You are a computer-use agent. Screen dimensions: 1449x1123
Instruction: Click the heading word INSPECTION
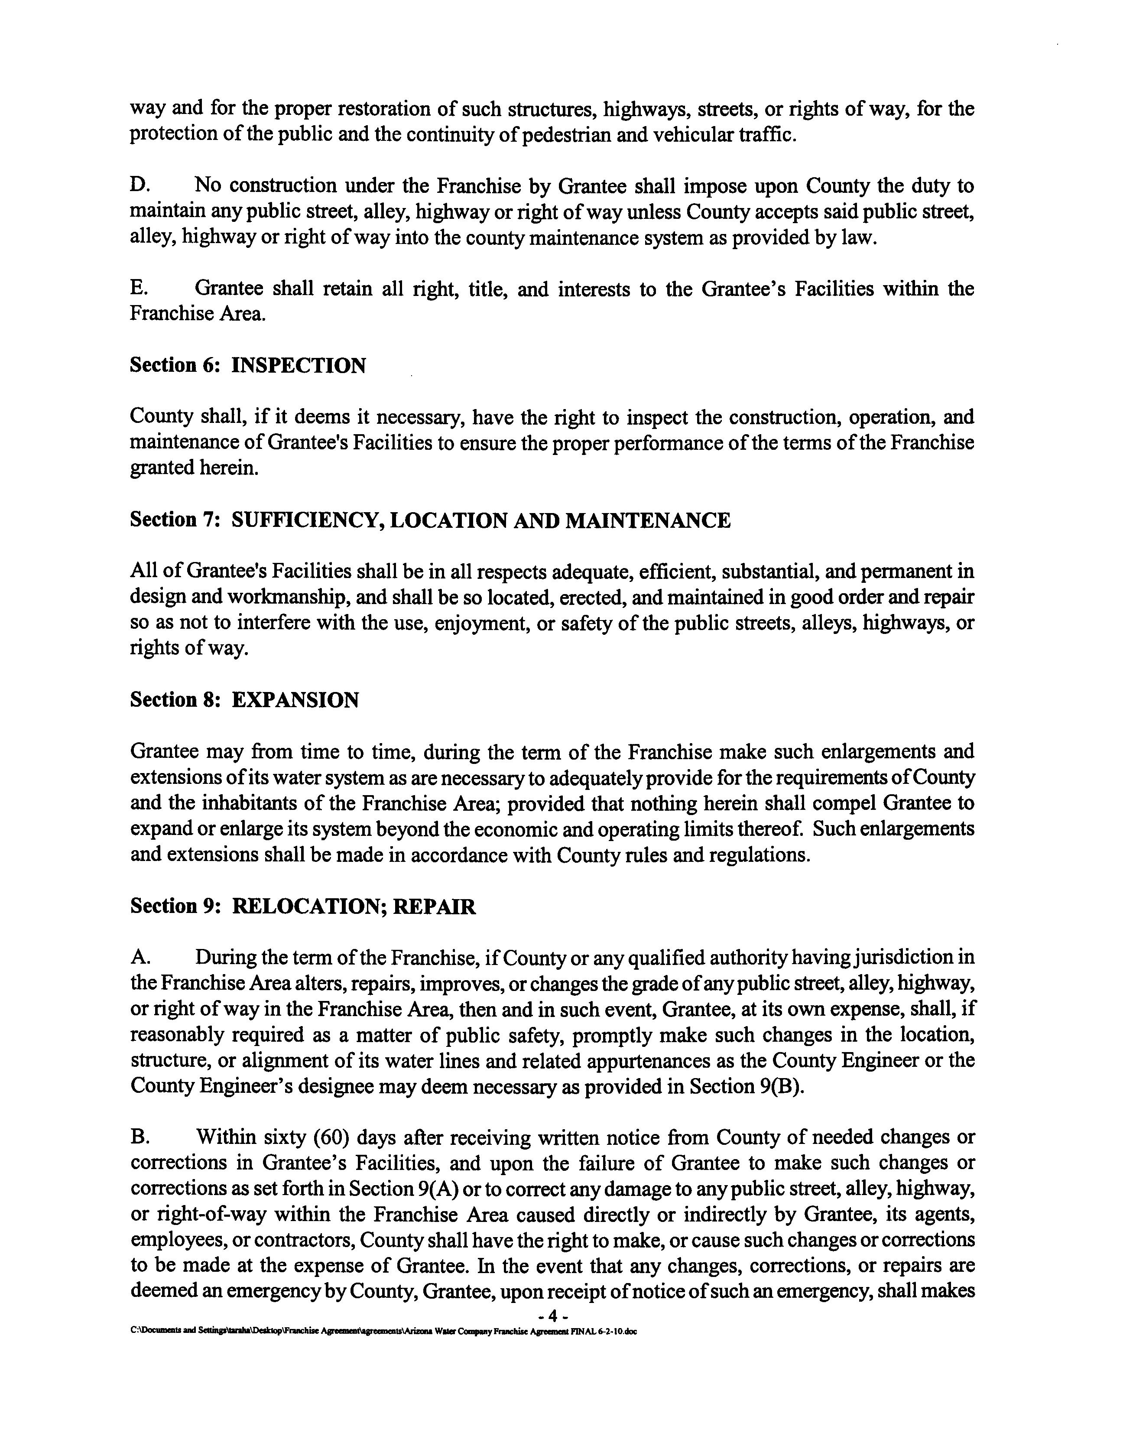click(x=299, y=366)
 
